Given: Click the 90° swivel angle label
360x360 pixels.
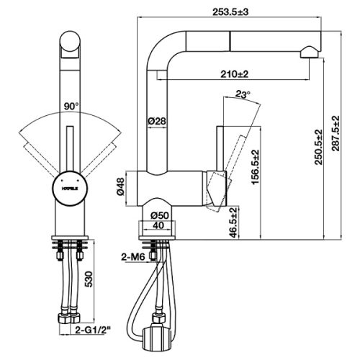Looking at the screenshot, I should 71,106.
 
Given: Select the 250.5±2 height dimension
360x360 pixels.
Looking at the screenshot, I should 319,147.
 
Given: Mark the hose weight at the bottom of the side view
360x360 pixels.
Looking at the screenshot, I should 156,337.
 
